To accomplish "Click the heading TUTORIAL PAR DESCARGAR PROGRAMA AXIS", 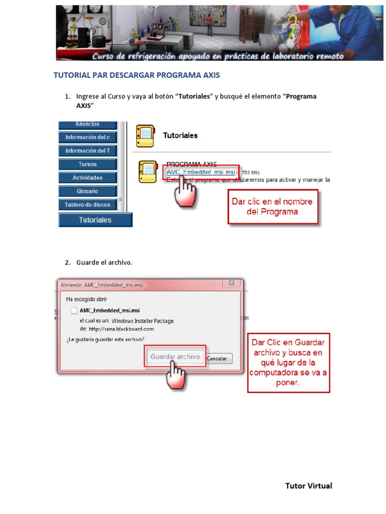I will point(137,75).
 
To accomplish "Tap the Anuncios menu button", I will point(87,124).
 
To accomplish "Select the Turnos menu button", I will point(87,164).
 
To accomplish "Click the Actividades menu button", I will point(87,178).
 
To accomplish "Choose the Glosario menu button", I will point(87,191).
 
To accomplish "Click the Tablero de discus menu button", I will point(87,205).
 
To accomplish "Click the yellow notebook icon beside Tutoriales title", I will point(145,136).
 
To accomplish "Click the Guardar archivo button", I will point(175,357).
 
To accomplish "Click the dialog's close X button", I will point(231,283).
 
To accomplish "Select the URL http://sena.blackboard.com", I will point(121,329).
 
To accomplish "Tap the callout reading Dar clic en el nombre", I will point(272,206).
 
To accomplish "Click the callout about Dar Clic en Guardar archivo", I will point(288,362).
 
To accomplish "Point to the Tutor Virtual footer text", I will point(309,485).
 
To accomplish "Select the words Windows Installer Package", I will point(143,321).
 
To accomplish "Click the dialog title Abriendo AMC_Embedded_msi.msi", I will point(102,285).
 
